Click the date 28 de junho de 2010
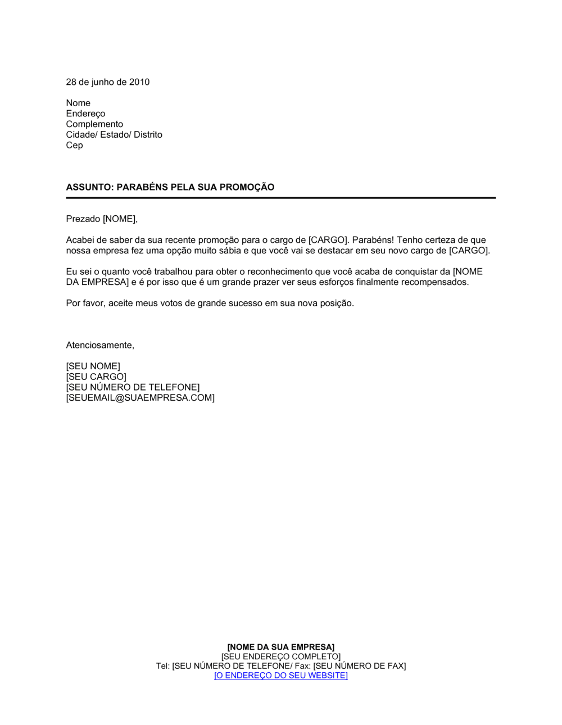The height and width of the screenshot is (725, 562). pyautogui.click(x=107, y=82)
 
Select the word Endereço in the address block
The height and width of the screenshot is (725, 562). pyautogui.click(x=85, y=114)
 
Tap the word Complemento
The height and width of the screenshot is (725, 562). pyautogui.click(x=94, y=124)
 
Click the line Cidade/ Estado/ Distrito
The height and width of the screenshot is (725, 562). pyautogui.click(x=114, y=135)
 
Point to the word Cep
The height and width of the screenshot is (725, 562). pyautogui.click(x=74, y=145)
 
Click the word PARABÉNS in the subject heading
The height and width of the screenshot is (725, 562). pyautogui.click(x=142, y=187)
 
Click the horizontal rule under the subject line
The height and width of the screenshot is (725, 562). pyautogui.click(x=280, y=198)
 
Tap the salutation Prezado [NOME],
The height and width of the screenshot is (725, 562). pyautogui.click(x=102, y=219)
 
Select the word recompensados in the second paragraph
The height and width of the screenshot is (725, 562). pyautogui.click(x=435, y=282)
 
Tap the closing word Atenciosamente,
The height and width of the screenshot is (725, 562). pyautogui.click(x=100, y=345)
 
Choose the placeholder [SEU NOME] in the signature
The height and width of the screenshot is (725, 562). pyautogui.click(x=93, y=366)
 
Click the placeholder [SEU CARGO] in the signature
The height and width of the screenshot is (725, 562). pyautogui.click(x=96, y=377)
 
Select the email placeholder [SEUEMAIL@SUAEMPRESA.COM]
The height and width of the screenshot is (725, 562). pyautogui.click(x=140, y=398)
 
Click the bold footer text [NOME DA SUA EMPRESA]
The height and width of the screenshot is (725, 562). pyautogui.click(x=280, y=647)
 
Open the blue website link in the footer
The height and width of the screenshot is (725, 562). pyautogui.click(x=280, y=676)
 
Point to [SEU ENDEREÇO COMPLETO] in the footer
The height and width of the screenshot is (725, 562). pyautogui.click(x=280, y=656)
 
